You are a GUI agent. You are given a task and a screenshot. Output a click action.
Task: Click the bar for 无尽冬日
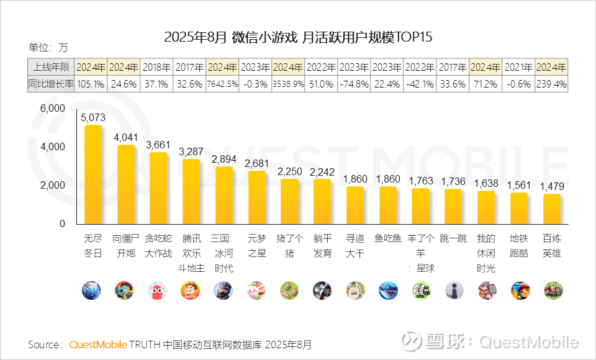93,175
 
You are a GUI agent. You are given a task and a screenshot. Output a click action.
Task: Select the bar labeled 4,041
125,185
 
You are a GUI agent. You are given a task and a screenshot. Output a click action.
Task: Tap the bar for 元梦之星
256,197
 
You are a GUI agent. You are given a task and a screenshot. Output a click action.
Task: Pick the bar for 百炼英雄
551,209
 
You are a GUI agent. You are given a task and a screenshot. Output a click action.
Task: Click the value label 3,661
158,144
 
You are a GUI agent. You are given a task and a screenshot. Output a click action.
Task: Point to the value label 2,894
223,159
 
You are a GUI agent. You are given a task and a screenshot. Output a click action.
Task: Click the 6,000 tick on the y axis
53,108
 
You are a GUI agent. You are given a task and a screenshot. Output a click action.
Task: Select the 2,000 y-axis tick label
53,185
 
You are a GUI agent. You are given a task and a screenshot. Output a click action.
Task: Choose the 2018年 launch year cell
157,67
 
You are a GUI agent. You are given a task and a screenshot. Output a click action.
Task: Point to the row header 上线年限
52,67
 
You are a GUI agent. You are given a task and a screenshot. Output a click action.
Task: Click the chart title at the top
298,37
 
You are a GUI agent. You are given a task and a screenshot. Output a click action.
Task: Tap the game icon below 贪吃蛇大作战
158,290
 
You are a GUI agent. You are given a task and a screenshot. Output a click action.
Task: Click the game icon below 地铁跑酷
519,290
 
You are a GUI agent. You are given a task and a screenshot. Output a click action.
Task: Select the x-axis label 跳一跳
453,238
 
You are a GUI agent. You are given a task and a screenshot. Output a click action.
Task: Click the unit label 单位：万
49,48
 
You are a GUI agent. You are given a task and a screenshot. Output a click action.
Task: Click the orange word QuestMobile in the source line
98,344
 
